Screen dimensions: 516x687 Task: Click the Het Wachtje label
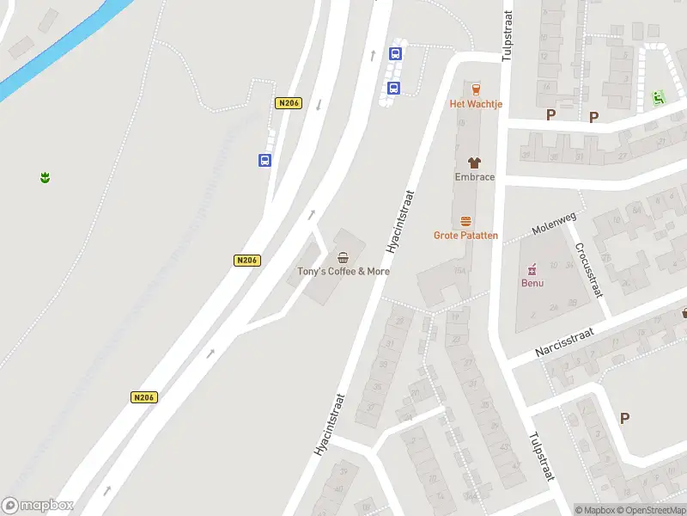(x=475, y=105)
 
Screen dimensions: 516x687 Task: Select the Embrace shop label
(x=474, y=177)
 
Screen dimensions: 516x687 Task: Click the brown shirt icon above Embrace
(x=474, y=162)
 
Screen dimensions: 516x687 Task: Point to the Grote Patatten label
(x=465, y=235)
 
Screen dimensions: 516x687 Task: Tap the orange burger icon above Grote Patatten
(x=465, y=220)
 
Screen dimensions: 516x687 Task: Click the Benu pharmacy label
(x=532, y=283)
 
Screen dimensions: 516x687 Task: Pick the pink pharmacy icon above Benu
(x=532, y=267)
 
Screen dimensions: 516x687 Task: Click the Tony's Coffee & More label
(x=343, y=272)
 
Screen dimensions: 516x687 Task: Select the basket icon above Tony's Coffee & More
(x=343, y=256)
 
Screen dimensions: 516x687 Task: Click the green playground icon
(x=659, y=97)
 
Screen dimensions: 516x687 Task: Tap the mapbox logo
(x=38, y=506)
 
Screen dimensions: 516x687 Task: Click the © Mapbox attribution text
(x=593, y=510)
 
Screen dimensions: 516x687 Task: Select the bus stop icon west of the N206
(x=264, y=160)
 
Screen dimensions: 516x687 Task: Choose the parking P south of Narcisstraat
(x=624, y=418)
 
